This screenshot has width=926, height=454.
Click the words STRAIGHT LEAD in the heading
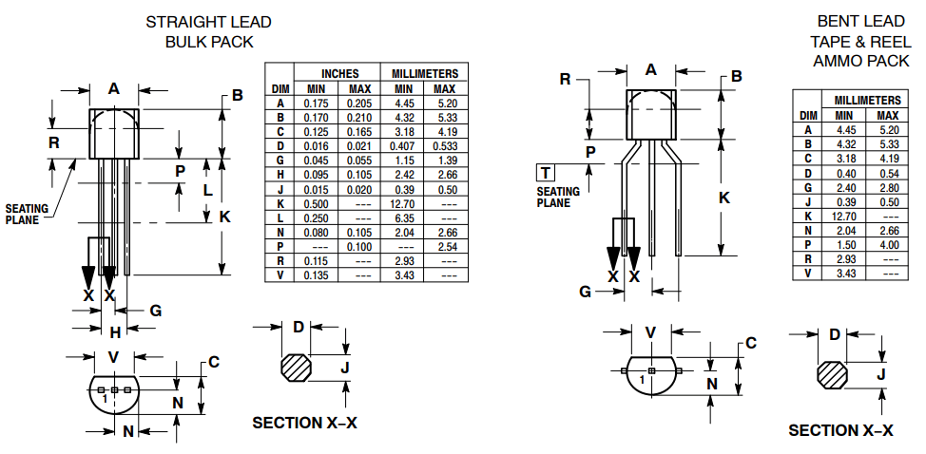pyautogui.click(x=208, y=22)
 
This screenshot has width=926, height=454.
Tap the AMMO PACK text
pyautogui.click(x=861, y=61)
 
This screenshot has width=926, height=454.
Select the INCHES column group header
pyautogui.click(x=339, y=73)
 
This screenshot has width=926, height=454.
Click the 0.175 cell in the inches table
pyautogui.click(x=316, y=103)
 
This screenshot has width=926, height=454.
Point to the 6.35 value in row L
pyautogui.click(x=402, y=218)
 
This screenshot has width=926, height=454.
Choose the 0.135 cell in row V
pyautogui.click(x=316, y=274)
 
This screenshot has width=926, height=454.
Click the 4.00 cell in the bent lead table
pyautogui.click(x=890, y=244)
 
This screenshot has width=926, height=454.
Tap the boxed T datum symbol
pyautogui.click(x=546, y=173)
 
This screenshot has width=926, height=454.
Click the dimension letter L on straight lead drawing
pyautogui.click(x=208, y=190)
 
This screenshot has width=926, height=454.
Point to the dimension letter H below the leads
pyautogui.click(x=114, y=331)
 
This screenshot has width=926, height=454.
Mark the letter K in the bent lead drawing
pyautogui.click(x=723, y=198)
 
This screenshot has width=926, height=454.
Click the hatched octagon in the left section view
pyautogui.click(x=297, y=368)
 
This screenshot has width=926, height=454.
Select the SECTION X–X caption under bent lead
pyautogui.click(x=840, y=430)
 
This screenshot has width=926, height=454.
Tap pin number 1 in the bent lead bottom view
pyautogui.click(x=643, y=379)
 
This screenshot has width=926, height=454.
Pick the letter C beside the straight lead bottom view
pyautogui.click(x=214, y=361)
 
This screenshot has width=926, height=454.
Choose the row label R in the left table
pyautogui.click(x=280, y=260)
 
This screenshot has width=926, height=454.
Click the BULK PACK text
pyautogui.click(x=209, y=42)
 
